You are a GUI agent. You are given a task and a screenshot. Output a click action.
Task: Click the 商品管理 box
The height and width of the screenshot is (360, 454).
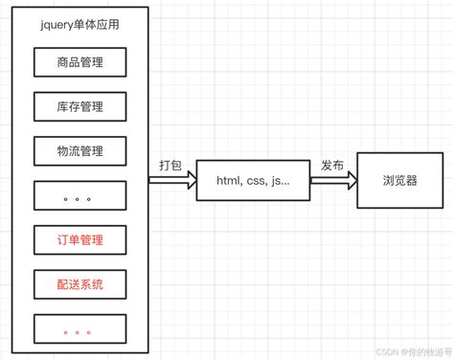[80, 63]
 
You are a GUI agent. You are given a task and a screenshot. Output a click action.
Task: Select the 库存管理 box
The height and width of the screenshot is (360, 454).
[80, 106]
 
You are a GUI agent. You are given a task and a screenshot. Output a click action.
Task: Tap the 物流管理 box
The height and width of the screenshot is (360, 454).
[80, 150]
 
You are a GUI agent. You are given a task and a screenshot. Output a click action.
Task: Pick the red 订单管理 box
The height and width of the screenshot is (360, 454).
[80, 239]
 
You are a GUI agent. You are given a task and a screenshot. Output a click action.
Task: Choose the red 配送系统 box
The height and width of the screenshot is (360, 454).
[80, 283]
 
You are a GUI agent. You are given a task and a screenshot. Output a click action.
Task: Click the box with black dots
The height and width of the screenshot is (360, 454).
[80, 195]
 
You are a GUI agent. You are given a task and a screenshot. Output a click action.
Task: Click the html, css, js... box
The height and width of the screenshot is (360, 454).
[253, 180]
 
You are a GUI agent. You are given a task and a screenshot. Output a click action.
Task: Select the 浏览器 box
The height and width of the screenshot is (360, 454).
[399, 179]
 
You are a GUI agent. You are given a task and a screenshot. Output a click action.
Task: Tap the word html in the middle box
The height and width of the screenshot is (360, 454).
[230, 180]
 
